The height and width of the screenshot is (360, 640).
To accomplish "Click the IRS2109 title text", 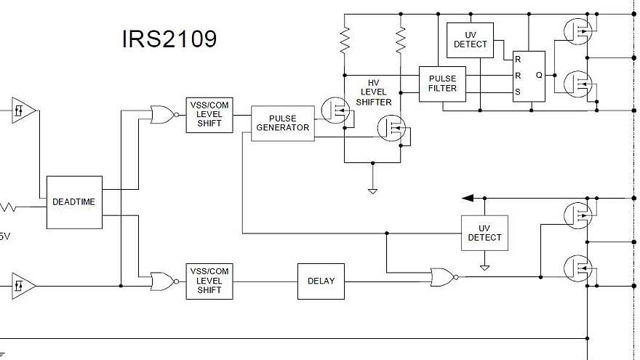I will (x=169, y=39).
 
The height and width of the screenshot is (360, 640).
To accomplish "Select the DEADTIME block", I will (x=73, y=202).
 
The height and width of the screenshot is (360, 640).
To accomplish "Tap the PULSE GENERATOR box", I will (x=283, y=123).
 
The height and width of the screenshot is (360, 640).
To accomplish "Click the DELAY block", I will (x=321, y=281).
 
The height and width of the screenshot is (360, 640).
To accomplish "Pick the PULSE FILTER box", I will (x=442, y=84).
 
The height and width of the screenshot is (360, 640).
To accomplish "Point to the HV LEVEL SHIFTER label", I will (x=374, y=92).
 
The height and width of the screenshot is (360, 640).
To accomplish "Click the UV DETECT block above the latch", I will (x=470, y=40).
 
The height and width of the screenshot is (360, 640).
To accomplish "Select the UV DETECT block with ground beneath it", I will (x=484, y=233).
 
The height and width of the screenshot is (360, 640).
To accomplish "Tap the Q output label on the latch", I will (x=539, y=75).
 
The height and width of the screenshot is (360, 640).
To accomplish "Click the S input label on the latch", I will (x=518, y=92).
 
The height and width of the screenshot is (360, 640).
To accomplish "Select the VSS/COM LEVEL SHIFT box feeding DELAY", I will (x=209, y=281).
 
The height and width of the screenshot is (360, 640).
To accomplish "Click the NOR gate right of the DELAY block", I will (x=442, y=276).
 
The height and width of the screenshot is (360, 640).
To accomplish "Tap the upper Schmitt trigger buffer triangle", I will (x=23, y=111).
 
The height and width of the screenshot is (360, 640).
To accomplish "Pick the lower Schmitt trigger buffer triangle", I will (x=23, y=285).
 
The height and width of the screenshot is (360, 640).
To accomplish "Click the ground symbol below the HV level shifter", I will (x=372, y=191).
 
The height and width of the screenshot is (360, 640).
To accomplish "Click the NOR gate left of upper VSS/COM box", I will (x=161, y=113).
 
